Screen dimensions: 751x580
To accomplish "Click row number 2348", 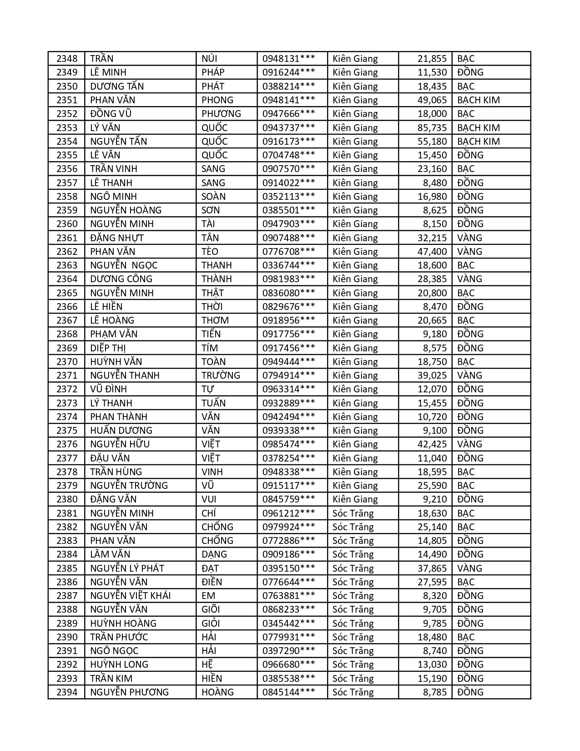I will pyautogui.click(x=67, y=59).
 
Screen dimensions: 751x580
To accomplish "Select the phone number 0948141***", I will pyautogui.click(x=288, y=100).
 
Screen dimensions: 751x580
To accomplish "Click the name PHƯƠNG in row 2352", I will pyautogui.click(x=221, y=114).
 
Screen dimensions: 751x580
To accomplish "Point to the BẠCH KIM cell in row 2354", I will pyautogui.click(x=478, y=142).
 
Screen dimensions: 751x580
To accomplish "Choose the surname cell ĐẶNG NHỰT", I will pyautogui.click(x=117, y=238).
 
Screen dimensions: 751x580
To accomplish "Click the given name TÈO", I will pyautogui.click(x=210, y=252).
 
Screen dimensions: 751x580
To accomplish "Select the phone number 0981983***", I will pyautogui.click(x=288, y=279).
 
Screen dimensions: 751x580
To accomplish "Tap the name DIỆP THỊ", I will pyautogui.click(x=108, y=348).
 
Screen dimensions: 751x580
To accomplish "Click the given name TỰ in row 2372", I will pyautogui.click(x=208, y=389).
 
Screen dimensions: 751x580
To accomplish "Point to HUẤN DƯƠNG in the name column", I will pyautogui.click(x=121, y=431).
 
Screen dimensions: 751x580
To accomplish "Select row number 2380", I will pyautogui.click(x=67, y=499).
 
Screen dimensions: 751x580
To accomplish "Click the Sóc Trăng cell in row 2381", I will pyautogui.click(x=353, y=513).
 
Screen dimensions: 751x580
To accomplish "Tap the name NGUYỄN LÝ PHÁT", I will pyautogui.click(x=127, y=568).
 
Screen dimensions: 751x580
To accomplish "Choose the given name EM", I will pyautogui.click(x=208, y=596).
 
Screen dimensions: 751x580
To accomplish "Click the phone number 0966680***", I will pyautogui.click(x=288, y=665).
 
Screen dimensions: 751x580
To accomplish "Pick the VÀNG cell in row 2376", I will pyautogui.click(x=469, y=444).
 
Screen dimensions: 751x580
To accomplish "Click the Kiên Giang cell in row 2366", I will pyautogui.click(x=355, y=307).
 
